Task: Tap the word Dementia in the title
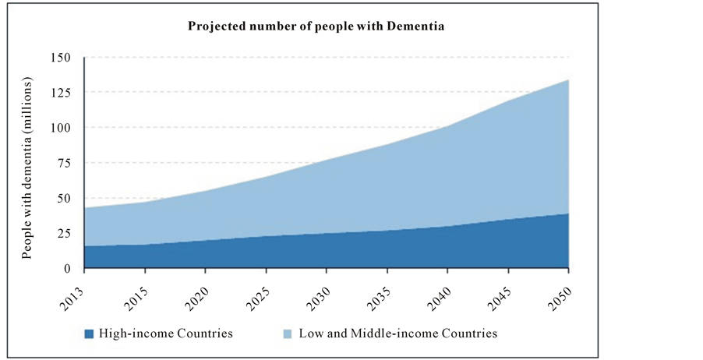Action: click(415, 26)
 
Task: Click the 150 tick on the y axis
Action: click(61, 58)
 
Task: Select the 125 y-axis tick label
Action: click(61, 93)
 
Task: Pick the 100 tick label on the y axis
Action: click(61, 128)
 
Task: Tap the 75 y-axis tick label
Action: click(64, 163)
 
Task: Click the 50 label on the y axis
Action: click(64, 198)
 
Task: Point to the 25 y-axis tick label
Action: click(64, 233)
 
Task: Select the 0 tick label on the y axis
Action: click(68, 269)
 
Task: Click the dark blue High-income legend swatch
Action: click(89, 334)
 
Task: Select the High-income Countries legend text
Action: click(166, 334)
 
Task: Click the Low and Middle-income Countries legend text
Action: click(387, 334)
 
